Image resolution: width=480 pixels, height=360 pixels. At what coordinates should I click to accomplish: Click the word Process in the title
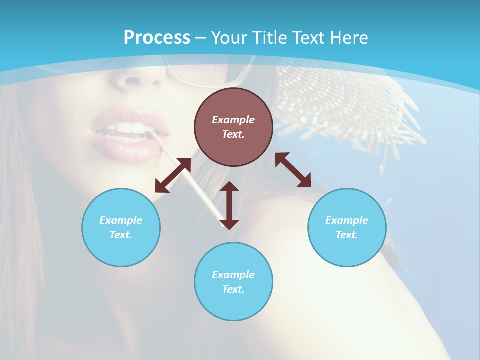[157, 38]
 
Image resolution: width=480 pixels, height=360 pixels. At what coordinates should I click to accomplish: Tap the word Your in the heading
[230, 38]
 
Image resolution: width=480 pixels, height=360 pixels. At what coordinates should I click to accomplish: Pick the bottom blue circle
[233, 305]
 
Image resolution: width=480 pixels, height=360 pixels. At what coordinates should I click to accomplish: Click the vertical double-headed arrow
[229, 205]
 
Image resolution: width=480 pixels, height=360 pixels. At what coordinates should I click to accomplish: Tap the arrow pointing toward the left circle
[173, 175]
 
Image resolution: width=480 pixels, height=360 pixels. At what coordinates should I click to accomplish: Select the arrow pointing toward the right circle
[293, 170]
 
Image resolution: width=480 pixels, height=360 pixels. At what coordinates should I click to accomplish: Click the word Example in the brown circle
[233, 120]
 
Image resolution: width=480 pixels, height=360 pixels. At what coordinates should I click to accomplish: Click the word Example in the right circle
[347, 220]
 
